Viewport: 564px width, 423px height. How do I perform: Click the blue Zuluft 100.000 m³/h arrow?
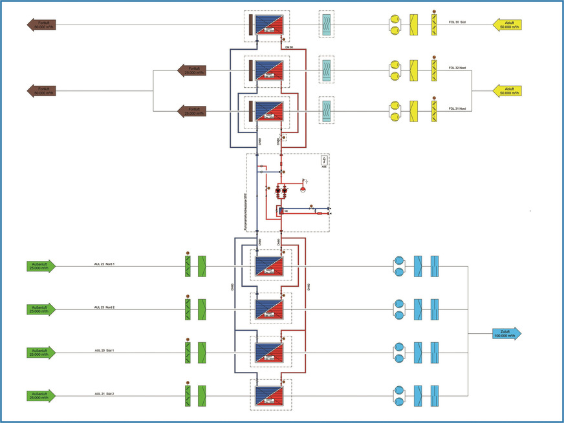tap(504, 335)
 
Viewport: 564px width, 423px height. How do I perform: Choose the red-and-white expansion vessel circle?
tap(301, 191)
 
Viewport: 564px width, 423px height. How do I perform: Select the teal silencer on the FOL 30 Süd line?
tap(327, 25)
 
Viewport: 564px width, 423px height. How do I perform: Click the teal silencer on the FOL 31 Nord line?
tap(327, 109)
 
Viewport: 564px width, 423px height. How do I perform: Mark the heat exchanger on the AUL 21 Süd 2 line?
tap(269, 395)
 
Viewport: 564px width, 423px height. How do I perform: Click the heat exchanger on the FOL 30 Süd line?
tap(269, 25)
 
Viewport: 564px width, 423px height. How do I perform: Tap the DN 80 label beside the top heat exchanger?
tap(289, 48)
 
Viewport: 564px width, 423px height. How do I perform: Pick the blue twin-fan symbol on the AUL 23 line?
tap(399, 309)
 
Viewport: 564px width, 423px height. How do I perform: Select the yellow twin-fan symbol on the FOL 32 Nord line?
tap(393, 68)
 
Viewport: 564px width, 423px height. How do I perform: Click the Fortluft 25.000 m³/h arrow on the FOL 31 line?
tap(192, 110)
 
